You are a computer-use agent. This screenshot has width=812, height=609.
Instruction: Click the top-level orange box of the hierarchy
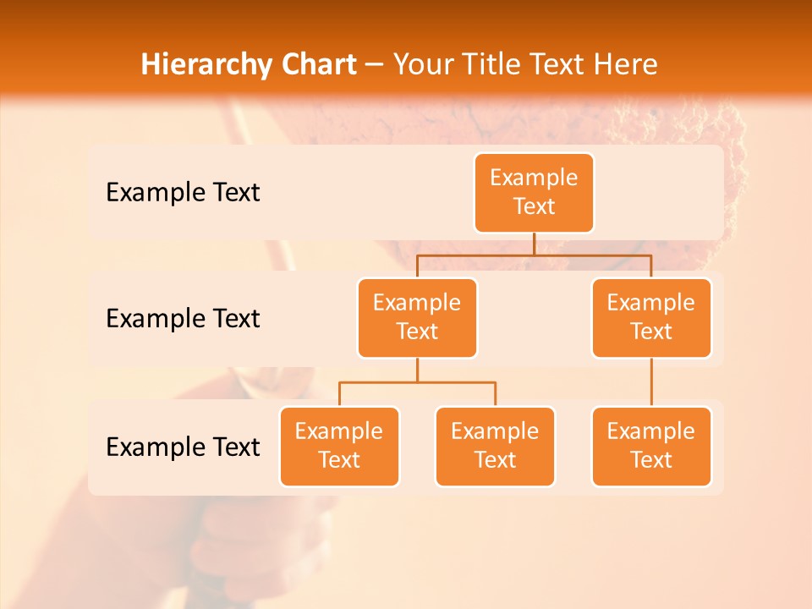click(534, 193)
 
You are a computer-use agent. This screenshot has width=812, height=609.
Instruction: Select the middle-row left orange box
click(417, 318)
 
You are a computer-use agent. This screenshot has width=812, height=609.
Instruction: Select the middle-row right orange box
click(651, 318)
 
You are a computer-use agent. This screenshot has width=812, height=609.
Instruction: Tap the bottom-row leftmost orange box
click(339, 447)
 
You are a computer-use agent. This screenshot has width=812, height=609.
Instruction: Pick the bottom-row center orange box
click(495, 447)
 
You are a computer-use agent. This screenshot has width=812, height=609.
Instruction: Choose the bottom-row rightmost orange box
click(651, 447)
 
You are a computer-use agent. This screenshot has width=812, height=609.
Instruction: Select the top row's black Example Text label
click(183, 193)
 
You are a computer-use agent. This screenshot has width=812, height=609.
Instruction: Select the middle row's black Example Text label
click(183, 319)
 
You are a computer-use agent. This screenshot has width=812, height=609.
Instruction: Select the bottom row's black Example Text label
click(183, 447)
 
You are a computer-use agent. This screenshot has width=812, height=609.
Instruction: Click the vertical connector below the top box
click(534, 244)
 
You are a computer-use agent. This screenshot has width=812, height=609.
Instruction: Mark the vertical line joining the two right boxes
click(651, 382)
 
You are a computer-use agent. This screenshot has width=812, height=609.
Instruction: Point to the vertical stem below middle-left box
click(417, 370)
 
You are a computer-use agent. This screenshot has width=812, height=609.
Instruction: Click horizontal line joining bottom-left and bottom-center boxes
click(417, 382)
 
